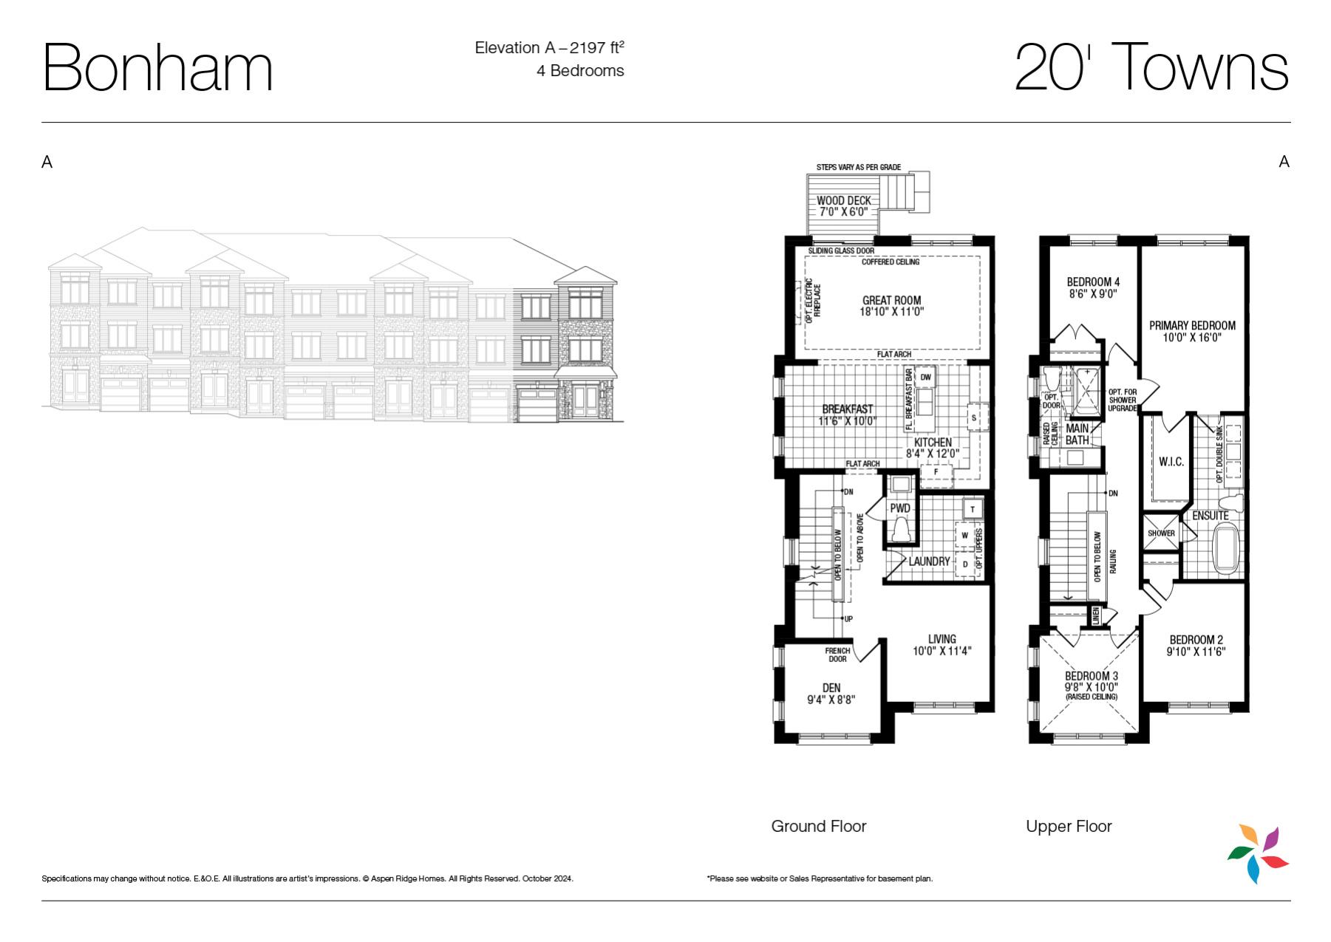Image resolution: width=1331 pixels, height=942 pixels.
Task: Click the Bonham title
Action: coord(158,68)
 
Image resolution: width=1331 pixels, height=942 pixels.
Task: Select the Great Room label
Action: coord(892,300)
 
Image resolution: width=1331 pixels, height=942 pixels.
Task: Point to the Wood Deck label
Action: coord(844,200)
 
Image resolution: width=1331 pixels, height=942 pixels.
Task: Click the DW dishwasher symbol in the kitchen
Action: coord(926,378)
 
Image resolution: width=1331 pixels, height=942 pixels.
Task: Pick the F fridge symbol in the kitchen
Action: coord(936,472)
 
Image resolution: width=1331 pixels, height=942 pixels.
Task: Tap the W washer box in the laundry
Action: coord(964,535)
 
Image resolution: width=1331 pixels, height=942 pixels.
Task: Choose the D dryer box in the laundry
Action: coord(964,564)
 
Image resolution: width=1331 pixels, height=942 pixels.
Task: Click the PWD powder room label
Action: coord(900,508)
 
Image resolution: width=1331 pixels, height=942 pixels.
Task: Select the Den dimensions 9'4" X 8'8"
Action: coord(831,700)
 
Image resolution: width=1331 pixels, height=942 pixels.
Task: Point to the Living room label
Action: coord(942,639)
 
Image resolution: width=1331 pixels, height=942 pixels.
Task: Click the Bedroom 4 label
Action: coord(1093,281)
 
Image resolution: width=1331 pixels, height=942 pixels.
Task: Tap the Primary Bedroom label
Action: coord(1192,325)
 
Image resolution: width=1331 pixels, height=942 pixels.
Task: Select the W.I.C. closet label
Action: coord(1171,462)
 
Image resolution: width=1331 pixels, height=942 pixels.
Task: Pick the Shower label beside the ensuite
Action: coord(1161,533)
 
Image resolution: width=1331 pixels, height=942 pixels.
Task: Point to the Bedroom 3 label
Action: coord(1092,676)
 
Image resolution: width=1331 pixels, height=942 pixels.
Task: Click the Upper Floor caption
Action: coord(1069,826)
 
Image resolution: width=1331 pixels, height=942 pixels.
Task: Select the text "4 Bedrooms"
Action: coord(580,71)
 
